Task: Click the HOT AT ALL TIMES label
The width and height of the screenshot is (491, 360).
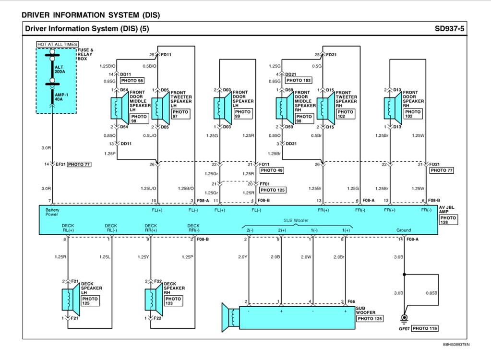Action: pos(57,44)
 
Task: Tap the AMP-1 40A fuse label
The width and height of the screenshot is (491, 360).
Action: pos(61,97)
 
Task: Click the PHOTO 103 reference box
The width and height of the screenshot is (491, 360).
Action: pos(299,81)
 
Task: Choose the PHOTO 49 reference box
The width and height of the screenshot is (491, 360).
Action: pos(272,170)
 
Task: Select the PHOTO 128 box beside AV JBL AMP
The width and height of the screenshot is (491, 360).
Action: pos(448,220)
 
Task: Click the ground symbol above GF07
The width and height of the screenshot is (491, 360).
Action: pos(404,319)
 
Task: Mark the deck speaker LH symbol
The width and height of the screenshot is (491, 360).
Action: pos(69,300)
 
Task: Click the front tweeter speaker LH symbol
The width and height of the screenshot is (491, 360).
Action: pos(158,108)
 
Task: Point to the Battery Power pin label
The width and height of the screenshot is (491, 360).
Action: pos(52,212)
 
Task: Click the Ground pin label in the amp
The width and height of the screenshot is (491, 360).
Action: pos(403,230)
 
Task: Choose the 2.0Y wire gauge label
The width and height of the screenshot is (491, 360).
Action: pos(242,257)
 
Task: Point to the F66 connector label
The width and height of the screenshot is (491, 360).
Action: pos(352,301)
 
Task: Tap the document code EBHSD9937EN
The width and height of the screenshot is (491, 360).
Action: pos(456,344)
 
